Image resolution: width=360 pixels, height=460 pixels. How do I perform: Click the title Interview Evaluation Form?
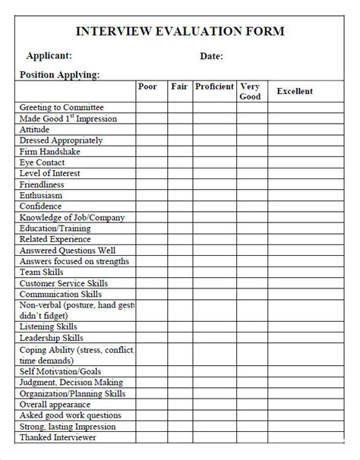pos(180,31)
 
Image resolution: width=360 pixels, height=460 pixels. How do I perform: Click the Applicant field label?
pos(49,55)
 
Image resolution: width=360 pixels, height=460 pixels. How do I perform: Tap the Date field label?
pos(211,55)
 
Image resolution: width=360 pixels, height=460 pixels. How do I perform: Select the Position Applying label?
pos(58,74)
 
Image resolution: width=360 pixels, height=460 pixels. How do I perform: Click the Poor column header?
pos(147,87)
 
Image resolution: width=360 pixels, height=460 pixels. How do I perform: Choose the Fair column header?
pos(179,87)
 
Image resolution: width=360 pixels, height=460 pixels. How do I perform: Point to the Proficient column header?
pos(214,87)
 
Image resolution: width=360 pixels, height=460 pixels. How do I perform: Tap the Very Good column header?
pos(250,91)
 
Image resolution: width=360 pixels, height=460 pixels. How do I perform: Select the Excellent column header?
pos(295,91)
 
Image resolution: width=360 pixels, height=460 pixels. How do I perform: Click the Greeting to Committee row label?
pos(62,108)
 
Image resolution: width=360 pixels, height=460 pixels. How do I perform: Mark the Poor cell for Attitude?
pos(151,130)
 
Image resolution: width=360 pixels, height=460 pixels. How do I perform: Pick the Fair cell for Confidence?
pos(179,206)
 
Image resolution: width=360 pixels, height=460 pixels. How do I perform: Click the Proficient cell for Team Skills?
pos(214,272)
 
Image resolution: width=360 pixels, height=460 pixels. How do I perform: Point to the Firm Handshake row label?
pos(49,152)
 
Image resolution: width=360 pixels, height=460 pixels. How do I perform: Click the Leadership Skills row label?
pos(52,337)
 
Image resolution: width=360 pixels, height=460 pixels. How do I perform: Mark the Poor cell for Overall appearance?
pos(151,405)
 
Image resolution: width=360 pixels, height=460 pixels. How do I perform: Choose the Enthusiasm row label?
pos(43,195)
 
